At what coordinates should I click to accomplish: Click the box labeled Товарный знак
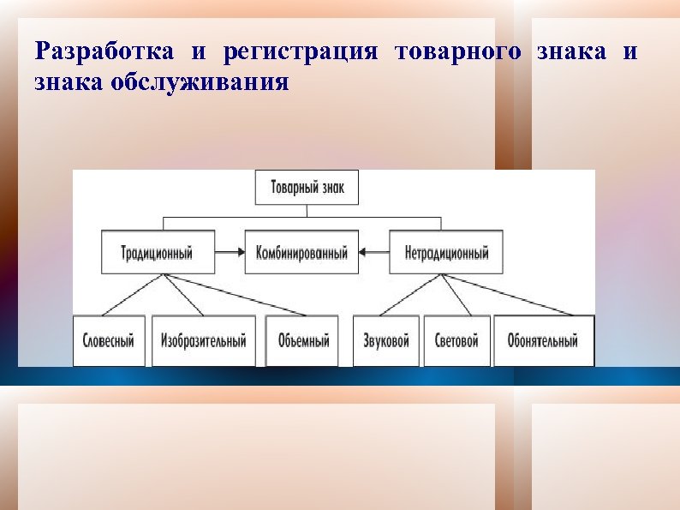(x=307, y=187)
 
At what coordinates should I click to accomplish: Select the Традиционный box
(x=158, y=252)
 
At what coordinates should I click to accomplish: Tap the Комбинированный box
(x=301, y=252)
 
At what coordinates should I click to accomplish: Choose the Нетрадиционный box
(x=446, y=252)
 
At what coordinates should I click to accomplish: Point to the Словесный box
(x=109, y=340)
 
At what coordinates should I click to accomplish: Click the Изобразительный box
(x=204, y=340)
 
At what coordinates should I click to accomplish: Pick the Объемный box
(x=302, y=340)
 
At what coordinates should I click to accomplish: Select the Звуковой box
(x=385, y=340)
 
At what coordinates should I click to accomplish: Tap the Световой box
(x=456, y=340)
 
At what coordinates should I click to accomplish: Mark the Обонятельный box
(x=544, y=340)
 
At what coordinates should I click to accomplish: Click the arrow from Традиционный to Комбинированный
(x=229, y=252)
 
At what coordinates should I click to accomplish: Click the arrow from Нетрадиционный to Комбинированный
(x=374, y=252)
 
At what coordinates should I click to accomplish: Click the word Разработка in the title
(x=104, y=51)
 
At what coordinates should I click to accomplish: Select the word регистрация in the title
(x=300, y=51)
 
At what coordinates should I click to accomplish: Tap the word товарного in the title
(x=457, y=51)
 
